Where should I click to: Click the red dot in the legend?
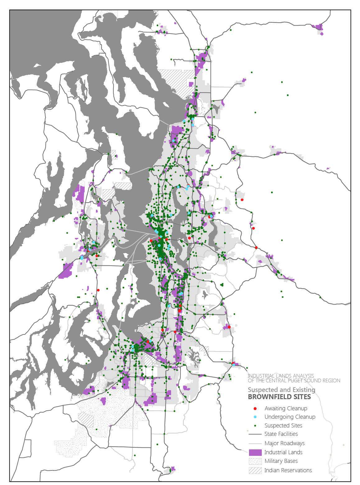(x=255, y=408)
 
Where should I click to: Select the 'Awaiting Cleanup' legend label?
(x=286, y=408)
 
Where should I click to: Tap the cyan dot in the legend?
(x=255, y=417)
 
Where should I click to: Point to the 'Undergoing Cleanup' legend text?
(x=290, y=417)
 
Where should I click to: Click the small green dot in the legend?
(x=255, y=425)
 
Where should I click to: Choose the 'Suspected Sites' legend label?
(x=283, y=425)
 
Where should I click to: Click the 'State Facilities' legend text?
(x=281, y=434)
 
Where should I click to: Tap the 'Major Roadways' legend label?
(x=284, y=443)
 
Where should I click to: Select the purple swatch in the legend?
(x=255, y=452)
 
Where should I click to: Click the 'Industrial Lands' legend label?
(x=283, y=452)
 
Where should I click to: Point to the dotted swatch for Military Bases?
(x=255, y=461)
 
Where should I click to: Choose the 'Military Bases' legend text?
(x=281, y=461)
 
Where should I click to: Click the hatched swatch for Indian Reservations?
(x=255, y=470)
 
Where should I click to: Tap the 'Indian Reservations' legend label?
(x=288, y=470)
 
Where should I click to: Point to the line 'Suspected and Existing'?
(x=281, y=389)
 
